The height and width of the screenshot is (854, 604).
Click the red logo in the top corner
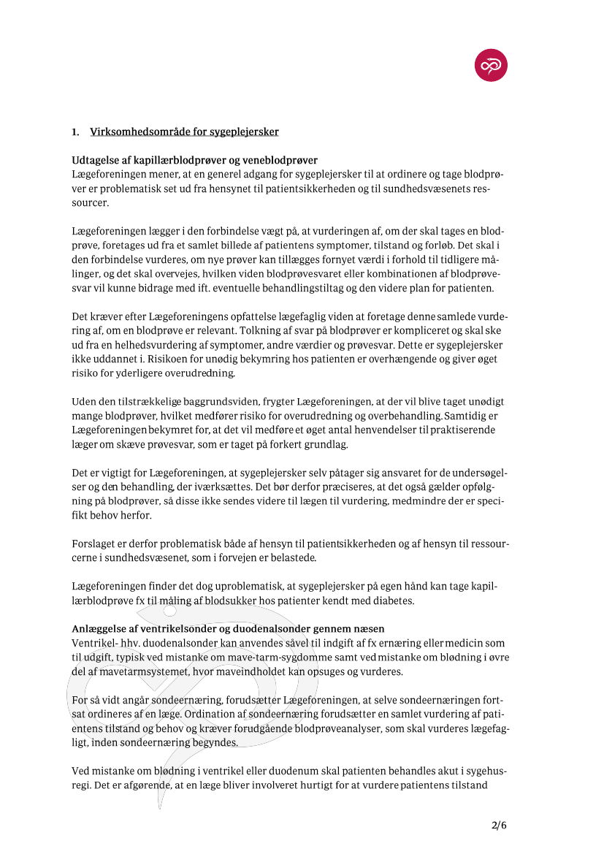coord(491,66)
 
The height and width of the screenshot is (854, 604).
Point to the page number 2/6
coord(499,826)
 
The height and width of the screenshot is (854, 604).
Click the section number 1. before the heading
coord(75,132)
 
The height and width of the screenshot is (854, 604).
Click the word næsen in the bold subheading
coord(367,628)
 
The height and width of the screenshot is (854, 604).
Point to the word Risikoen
coord(115,359)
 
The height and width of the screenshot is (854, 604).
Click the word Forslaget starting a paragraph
coord(96,544)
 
